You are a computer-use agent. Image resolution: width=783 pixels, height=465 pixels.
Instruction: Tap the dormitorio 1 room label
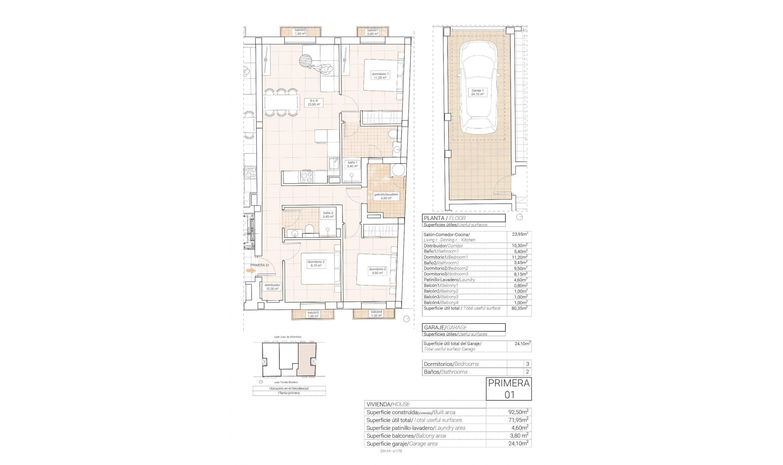(380, 75)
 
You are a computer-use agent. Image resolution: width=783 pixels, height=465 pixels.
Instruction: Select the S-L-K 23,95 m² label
(314, 102)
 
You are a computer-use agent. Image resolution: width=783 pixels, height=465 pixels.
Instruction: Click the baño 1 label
(352, 164)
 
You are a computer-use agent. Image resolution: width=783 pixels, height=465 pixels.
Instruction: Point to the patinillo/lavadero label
(386, 196)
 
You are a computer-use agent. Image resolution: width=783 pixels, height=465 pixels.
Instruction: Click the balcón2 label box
(300, 32)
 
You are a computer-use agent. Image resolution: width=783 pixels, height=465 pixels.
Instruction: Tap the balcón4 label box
(376, 314)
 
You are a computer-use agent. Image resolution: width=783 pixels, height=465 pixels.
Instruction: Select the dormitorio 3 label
(316, 263)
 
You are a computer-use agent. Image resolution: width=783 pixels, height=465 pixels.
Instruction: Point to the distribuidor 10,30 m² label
(272, 287)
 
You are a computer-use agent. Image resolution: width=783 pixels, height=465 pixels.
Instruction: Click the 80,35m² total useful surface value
(521, 308)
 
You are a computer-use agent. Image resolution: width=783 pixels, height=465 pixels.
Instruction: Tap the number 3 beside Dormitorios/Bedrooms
(527, 364)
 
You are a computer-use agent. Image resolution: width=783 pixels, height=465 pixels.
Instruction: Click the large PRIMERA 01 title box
(509, 389)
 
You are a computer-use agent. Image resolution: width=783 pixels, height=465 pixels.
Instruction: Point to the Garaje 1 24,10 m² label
(478, 92)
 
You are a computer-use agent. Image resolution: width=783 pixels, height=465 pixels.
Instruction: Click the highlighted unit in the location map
(307, 359)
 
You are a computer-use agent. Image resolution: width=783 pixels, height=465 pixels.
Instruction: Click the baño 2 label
(328, 215)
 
